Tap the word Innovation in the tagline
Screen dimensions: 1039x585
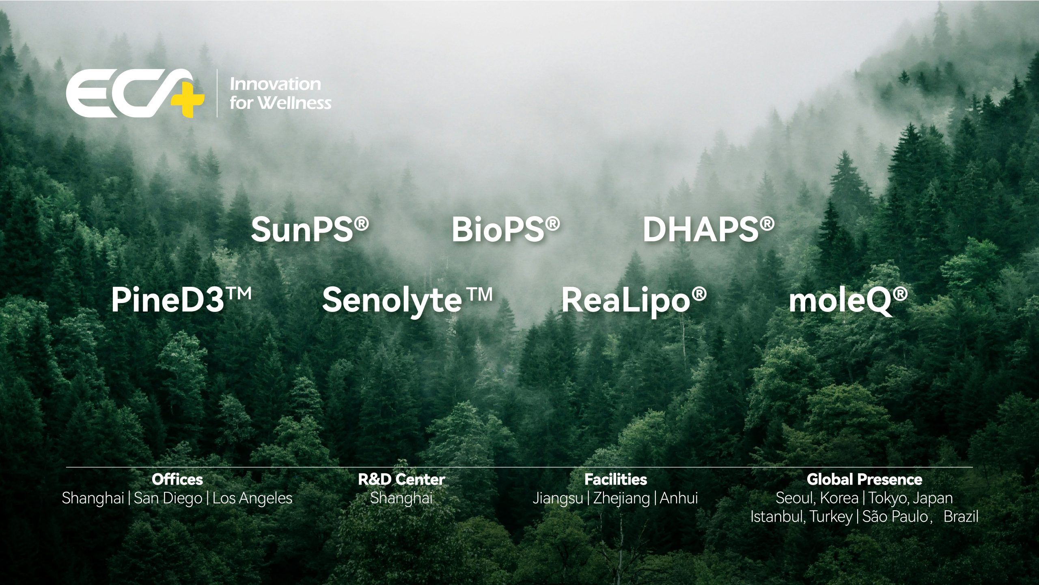tap(275, 84)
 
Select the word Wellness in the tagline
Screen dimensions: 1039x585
tap(295, 103)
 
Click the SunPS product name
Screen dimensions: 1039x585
tap(310, 230)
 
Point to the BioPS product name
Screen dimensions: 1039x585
tap(506, 230)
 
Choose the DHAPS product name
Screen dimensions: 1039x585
tap(708, 230)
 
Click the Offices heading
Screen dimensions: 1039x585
tap(177, 480)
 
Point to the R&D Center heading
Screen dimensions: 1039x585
tap(401, 480)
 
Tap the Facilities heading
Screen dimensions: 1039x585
tap(616, 480)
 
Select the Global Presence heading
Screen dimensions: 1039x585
tap(864, 480)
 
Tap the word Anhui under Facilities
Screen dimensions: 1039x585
tap(679, 498)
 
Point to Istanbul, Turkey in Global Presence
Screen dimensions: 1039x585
tap(802, 517)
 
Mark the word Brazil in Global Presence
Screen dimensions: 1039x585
tap(961, 517)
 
